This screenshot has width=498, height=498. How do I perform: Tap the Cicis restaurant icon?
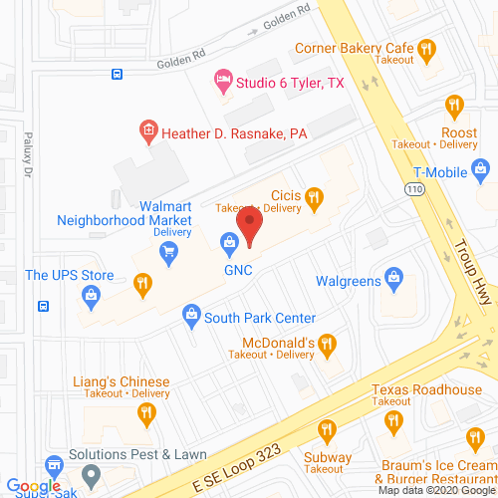[314, 197]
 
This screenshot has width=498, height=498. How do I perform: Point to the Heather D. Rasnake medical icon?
[147, 130]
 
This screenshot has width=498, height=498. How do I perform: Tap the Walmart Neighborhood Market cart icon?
[169, 250]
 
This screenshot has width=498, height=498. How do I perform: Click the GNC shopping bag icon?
[230, 241]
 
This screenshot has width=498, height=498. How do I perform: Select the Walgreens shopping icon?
[393, 276]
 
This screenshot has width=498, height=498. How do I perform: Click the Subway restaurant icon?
[326, 430]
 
